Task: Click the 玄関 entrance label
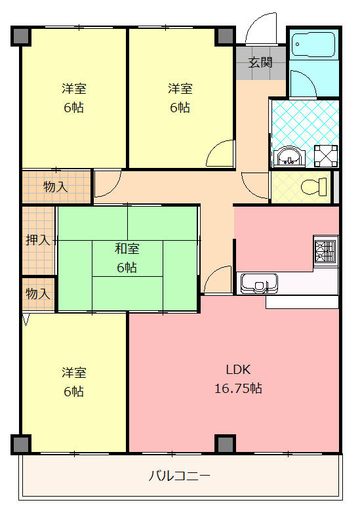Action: click(x=260, y=62)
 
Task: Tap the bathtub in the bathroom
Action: click(x=313, y=44)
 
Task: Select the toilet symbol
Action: click(x=313, y=186)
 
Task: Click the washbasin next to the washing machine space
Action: click(x=289, y=157)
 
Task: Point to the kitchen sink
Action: click(x=259, y=283)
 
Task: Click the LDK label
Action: click(x=239, y=370)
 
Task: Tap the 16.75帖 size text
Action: click(x=239, y=388)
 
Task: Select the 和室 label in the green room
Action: click(x=127, y=249)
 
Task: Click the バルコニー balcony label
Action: click(x=180, y=476)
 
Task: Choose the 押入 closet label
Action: click(x=38, y=240)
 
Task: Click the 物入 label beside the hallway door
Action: click(x=56, y=187)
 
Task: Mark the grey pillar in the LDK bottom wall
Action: click(x=225, y=444)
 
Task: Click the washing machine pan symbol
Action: click(x=326, y=156)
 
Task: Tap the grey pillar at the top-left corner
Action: click(x=21, y=35)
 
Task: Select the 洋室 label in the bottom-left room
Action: click(x=74, y=373)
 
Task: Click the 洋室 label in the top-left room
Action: click(x=74, y=89)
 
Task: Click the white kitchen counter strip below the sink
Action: click(x=302, y=302)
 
